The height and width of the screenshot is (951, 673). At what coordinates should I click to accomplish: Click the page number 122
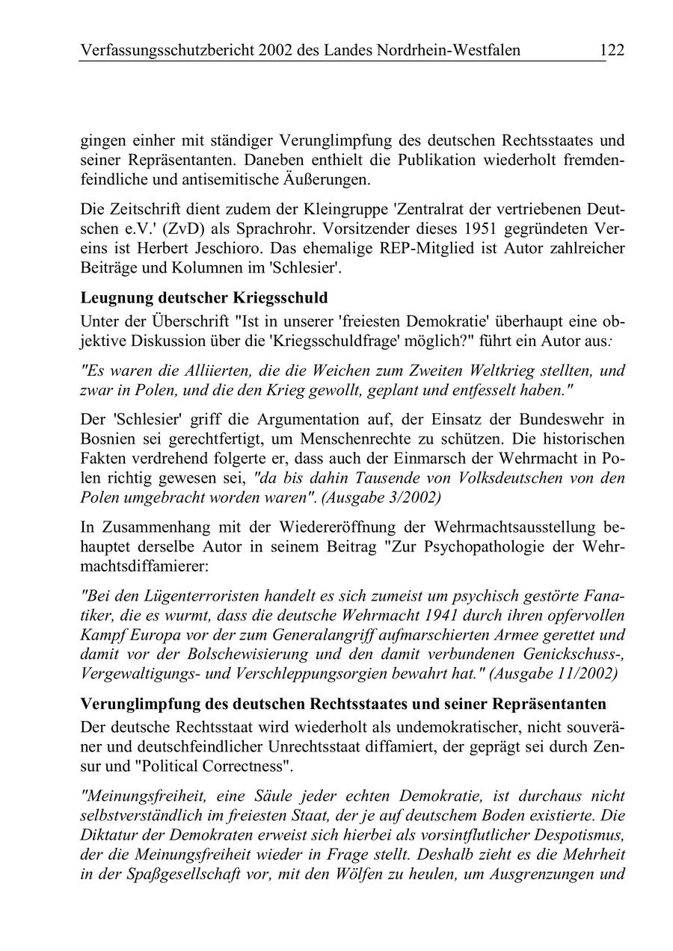tap(611, 50)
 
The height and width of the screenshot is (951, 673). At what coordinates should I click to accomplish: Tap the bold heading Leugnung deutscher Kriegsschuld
tap(203, 297)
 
